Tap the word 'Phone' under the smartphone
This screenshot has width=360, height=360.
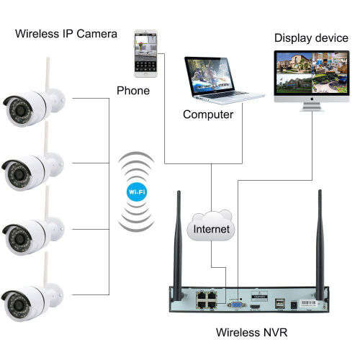click(133, 91)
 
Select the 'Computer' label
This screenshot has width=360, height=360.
click(208, 114)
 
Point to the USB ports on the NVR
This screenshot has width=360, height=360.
click(279, 302)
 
